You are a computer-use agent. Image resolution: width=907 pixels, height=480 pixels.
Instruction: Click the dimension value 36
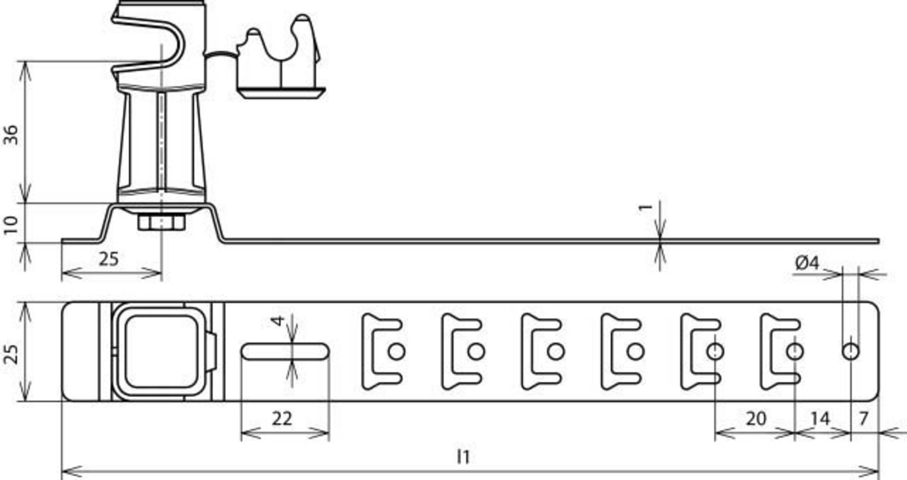[11, 135]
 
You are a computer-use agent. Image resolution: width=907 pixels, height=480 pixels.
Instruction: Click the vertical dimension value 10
[11, 225]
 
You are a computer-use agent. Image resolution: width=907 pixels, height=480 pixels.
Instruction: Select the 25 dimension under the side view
[109, 259]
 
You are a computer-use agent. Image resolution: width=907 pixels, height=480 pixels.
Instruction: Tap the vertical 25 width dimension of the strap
[11, 354]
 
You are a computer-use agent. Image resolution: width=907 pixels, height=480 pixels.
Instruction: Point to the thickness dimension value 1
[645, 207]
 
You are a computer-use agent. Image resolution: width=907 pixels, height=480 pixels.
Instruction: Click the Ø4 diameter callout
[807, 263]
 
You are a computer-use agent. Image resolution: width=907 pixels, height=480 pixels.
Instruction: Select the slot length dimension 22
[282, 419]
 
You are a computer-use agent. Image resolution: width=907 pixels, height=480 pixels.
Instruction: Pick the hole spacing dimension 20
[756, 419]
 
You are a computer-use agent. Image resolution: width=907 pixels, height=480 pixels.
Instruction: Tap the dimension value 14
[820, 419]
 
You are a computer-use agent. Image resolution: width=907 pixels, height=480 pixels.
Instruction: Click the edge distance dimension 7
[864, 419]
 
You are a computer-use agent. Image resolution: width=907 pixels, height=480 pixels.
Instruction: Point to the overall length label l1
[463, 456]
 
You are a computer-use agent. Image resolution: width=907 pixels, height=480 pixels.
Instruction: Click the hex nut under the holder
[161, 222]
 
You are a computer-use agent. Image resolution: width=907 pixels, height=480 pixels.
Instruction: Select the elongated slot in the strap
[285, 352]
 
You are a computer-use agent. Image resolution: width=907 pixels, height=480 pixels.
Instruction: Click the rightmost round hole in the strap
[851, 352]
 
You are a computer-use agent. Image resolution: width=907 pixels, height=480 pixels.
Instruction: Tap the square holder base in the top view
[161, 352]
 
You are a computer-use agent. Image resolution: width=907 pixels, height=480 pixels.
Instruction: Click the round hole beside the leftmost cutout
[396, 352]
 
